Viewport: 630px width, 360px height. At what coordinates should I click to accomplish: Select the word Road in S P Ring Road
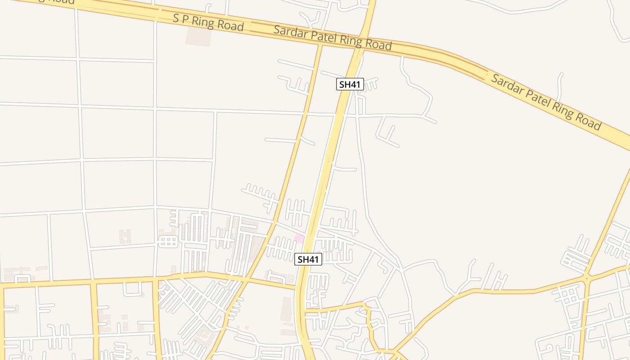point(230,25)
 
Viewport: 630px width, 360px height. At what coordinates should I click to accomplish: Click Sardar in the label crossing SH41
point(290,32)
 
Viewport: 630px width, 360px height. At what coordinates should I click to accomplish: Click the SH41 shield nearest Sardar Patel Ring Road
point(350,84)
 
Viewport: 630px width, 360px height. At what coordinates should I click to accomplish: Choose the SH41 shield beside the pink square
point(308,259)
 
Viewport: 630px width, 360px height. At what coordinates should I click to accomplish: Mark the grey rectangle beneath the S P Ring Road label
point(198,36)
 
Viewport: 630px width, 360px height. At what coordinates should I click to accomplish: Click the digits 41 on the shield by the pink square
point(313,259)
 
